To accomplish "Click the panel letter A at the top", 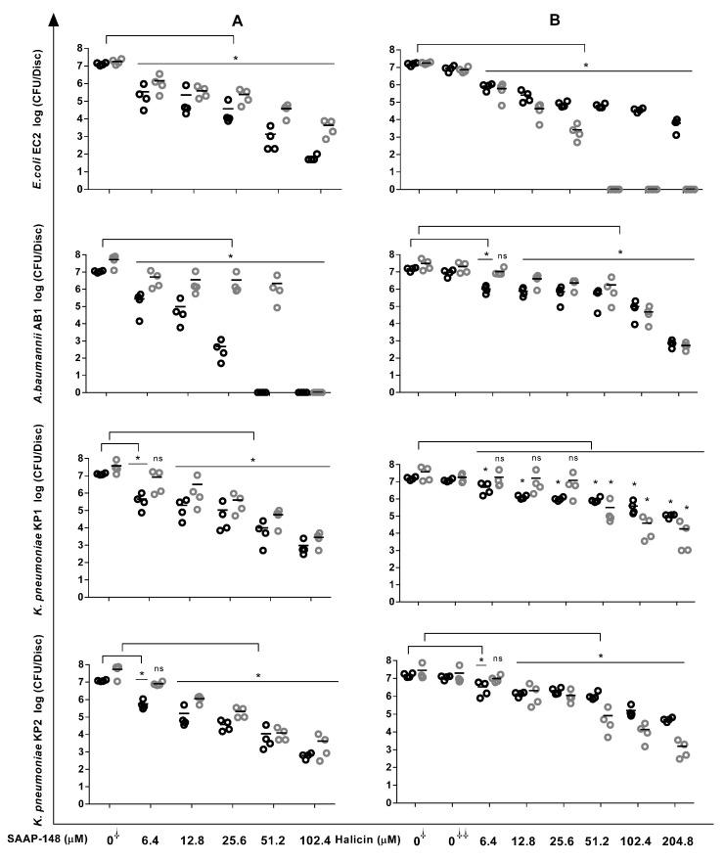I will click(238, 21).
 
